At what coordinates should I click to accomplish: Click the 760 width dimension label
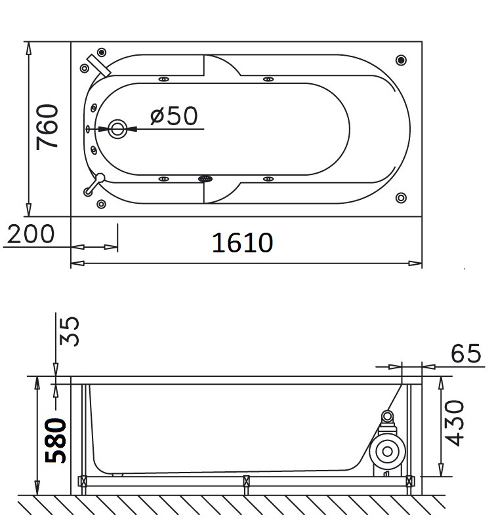[47, 127]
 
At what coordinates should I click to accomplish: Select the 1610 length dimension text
[242, 243]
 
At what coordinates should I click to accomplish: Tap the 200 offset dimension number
[30, 234]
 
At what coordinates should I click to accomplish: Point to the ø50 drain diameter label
[174, 115]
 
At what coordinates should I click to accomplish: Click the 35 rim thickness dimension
[69, 331]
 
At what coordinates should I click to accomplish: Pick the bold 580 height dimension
[56, 440]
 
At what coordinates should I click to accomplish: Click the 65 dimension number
[466, 353]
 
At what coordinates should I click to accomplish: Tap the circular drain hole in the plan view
[117, 128]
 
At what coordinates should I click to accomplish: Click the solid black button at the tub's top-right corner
[401, 60]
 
